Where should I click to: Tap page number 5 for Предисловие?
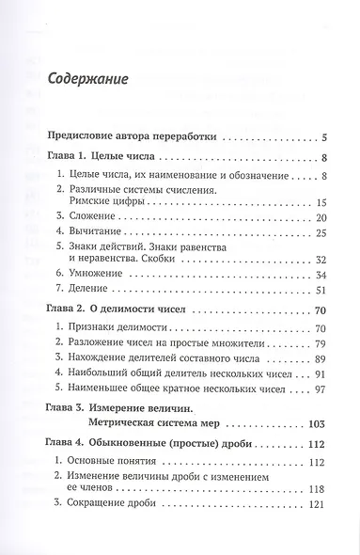(322, 137)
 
